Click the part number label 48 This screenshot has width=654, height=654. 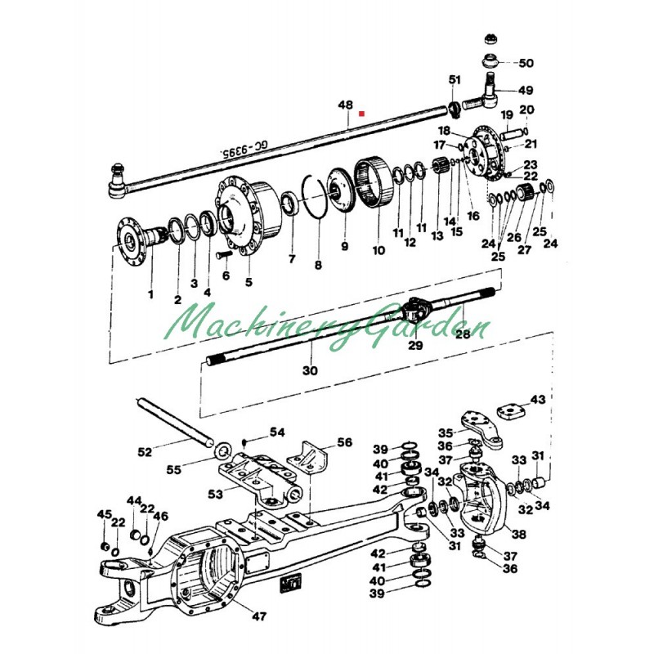[345, 105]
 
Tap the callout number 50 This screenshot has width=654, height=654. [526, 63]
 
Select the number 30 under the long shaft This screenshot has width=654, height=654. [310, 370]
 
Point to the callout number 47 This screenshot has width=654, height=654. [259, 616]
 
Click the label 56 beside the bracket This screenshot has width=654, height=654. [344, 442]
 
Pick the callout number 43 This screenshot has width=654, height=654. [538, 400]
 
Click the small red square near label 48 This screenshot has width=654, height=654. [362, 113]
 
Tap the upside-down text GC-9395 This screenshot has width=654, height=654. [244, 150]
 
